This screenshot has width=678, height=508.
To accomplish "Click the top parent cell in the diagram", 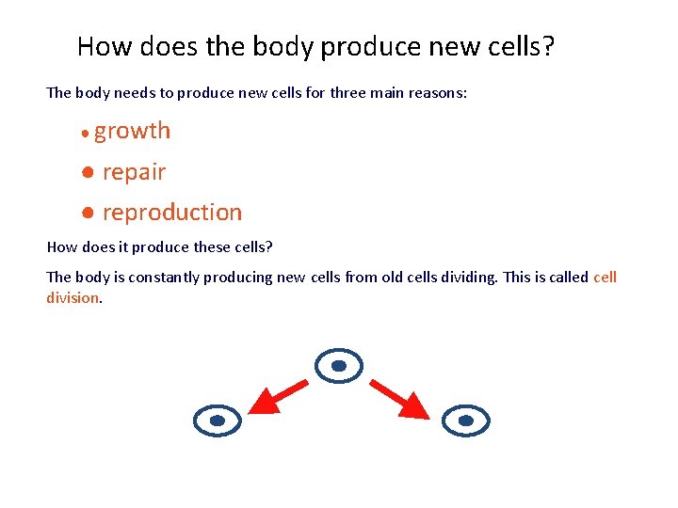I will [339, 365].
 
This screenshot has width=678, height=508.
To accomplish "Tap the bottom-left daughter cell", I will [217, 421].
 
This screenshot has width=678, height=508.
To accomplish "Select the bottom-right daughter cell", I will [465, 421].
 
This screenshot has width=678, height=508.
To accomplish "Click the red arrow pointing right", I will [400, 397].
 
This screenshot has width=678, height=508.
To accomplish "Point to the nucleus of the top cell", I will [339, 365].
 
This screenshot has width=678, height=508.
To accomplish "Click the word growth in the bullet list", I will [132, 131].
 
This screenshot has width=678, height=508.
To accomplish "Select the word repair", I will [134, 172].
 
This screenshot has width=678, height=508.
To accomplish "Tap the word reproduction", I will [171, 213].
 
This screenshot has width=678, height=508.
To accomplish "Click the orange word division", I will [73, 298].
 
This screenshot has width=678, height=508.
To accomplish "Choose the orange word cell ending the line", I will [605, 278].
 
